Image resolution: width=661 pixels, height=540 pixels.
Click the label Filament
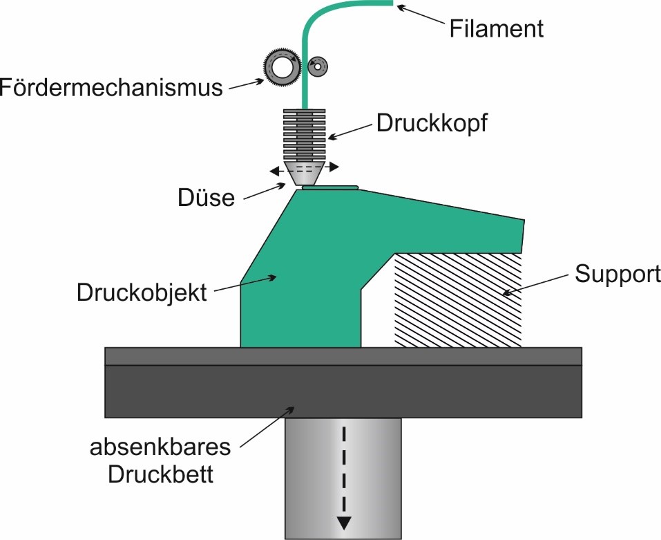(496, 29)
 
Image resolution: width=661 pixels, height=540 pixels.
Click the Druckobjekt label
(141, 292)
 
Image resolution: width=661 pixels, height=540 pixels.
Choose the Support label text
(617, 274)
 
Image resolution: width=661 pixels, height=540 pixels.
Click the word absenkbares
(160, 447)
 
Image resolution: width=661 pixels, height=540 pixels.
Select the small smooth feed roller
(319, 66)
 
